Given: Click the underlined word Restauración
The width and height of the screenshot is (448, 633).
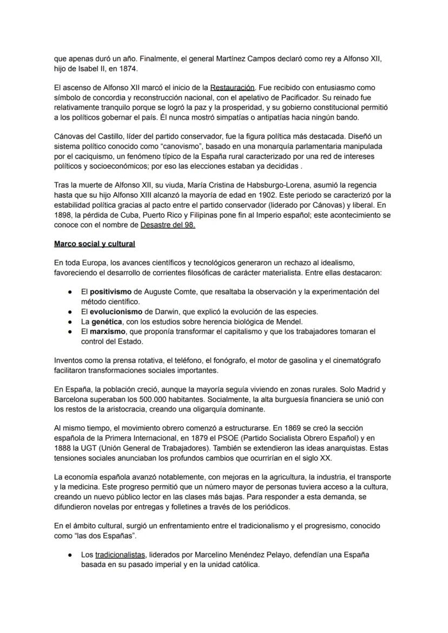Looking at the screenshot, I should pos(232,88).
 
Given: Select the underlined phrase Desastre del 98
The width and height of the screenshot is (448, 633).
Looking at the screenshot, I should pos(168,225).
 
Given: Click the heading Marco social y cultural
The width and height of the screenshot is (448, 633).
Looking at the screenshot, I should pos(94,244).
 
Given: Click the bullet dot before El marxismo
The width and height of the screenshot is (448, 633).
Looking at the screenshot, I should pos(71,331).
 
